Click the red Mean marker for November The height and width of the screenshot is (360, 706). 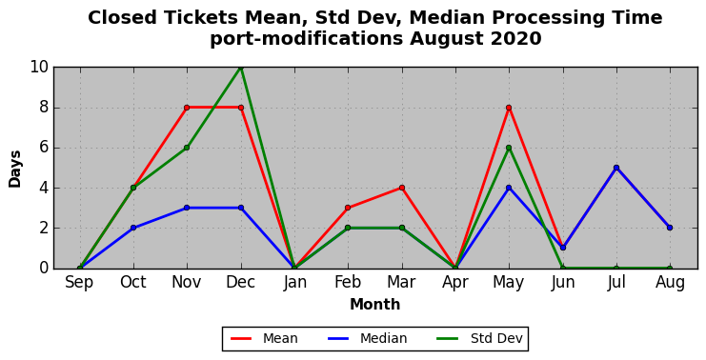click(187, 108)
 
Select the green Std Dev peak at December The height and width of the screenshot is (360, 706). click(241, 68)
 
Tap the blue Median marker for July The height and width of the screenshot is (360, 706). click(616, 168)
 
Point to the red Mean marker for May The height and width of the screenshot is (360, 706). click(509, 108)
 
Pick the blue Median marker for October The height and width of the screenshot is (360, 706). click(133, 228)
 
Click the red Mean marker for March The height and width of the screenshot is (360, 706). click(402, 188)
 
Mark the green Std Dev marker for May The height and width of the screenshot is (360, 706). click(509, 148)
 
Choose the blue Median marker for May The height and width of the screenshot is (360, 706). click(509, 188)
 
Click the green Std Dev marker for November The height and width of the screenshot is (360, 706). click(187, 148)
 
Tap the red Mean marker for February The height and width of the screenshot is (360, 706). click(348, 208)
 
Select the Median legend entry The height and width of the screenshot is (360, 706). click(367, 338)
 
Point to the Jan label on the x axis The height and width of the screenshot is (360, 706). click(294, 283)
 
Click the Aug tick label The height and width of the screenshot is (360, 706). click(670, 283)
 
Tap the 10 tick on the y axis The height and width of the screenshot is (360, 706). click(39, 68)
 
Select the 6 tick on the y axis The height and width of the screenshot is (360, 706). click(44, 148)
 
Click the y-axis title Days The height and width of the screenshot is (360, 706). click(15, 169)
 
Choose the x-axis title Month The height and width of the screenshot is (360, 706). click(375, 305)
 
